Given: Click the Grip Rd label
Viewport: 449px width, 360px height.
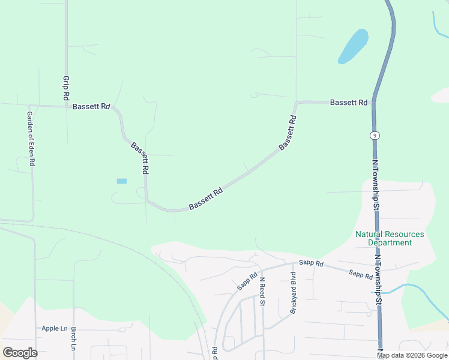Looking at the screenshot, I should [66, 88].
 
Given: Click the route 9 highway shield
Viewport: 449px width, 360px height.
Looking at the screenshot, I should [373, 136].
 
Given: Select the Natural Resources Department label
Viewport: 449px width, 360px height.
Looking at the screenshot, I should [389, 238].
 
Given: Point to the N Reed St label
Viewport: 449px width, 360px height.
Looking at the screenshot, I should [262, 291].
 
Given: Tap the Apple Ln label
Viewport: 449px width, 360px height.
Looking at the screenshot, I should [55, 328].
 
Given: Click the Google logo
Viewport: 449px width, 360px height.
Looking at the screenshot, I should [20, 353].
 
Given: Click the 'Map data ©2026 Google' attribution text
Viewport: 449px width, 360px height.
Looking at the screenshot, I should [412, 355].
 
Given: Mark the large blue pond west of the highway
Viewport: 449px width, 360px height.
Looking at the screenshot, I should [353, 46].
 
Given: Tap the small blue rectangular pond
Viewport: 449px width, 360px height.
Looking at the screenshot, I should [122, 181].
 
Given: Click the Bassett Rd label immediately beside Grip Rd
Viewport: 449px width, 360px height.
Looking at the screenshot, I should [91, 107].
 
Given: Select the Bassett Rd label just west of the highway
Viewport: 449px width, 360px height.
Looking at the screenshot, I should [349, 103].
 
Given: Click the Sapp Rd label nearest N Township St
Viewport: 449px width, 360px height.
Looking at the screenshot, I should [361, 274].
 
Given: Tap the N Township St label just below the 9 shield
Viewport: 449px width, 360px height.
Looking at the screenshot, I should [376, 179].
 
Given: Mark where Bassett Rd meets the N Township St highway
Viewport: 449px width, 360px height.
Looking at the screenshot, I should [373, 102].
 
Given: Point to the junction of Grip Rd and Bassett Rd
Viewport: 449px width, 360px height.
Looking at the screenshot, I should [66, 107].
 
